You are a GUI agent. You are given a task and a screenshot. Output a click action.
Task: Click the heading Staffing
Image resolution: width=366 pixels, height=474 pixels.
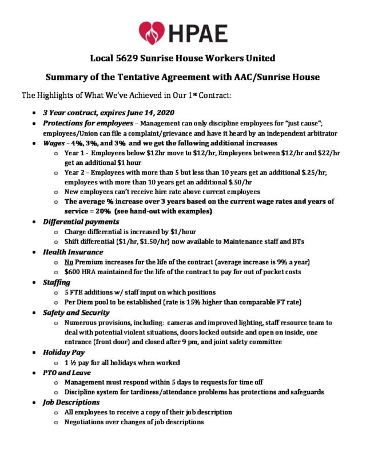point(57,282)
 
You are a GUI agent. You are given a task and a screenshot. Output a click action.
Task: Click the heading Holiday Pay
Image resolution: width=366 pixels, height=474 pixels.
point(63,353)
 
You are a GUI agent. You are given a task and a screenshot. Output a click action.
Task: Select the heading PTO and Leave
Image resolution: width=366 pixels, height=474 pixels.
point(66,372)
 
